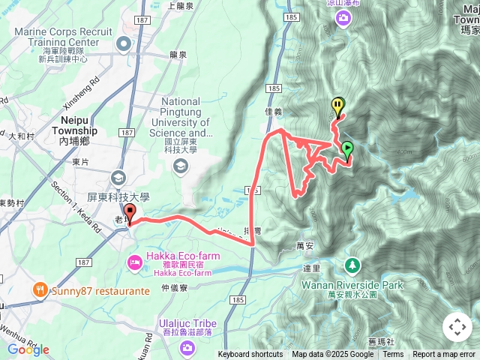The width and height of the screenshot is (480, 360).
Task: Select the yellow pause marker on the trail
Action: click(338, 106)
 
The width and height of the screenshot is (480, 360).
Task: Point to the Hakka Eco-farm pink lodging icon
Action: click(135, 262)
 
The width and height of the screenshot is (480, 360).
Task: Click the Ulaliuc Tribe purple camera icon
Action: click(185, 347)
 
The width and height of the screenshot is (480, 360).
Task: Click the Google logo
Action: click(28, 350)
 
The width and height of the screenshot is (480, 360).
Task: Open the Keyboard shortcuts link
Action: click(250, 355)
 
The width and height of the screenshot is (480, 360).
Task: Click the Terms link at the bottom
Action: click(392, 355)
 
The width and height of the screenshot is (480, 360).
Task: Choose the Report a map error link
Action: click(444, 355)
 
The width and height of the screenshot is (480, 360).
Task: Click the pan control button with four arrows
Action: click(457, 327)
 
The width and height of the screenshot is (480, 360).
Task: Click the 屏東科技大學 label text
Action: click(118, 197)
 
